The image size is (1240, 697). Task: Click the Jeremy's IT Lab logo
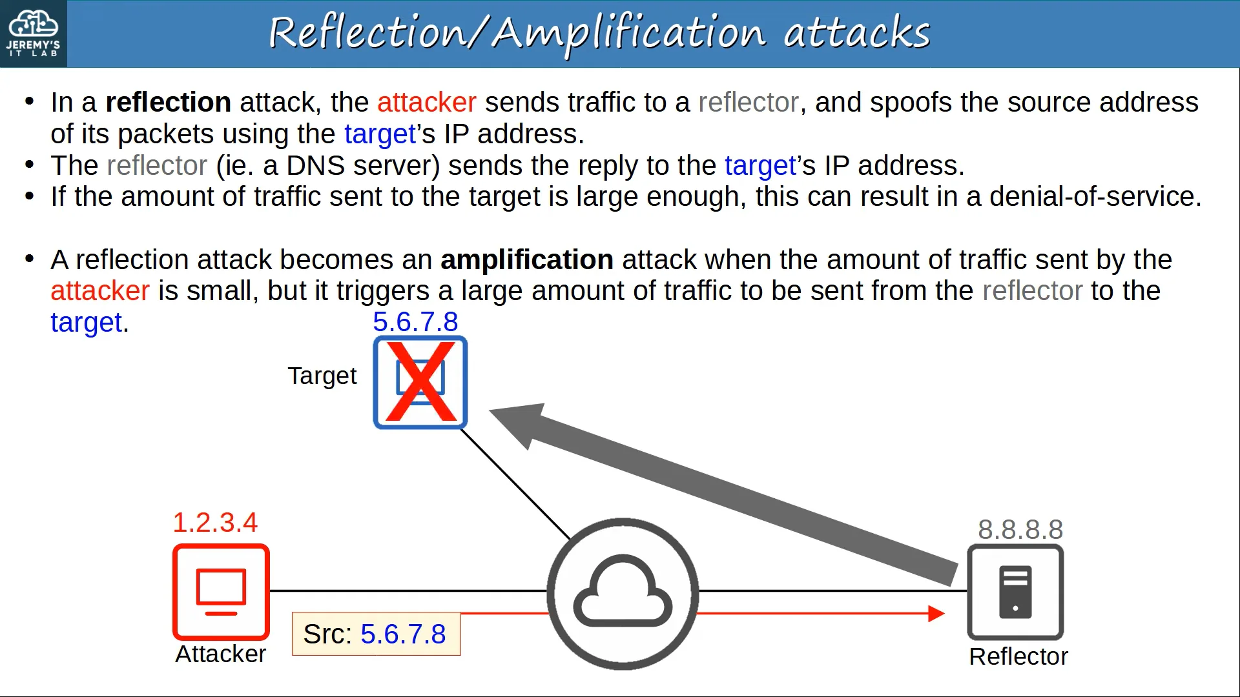tap(33, 34)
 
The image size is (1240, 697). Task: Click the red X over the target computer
tap(420, 381)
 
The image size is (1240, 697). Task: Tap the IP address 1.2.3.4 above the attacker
tap(215, 522)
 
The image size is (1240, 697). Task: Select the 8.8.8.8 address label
tap(1020, 530)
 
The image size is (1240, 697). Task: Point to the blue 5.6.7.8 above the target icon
tap(415, 321)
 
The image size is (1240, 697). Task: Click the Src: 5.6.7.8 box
tap(376, 634)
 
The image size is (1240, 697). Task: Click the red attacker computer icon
tap(221, 592)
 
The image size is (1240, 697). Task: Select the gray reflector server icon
tap(1015, 592)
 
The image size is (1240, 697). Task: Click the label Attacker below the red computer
tap(221, 654)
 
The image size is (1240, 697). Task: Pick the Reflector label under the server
tap(1018, 656)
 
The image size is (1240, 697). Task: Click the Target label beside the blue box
tap(322, 376)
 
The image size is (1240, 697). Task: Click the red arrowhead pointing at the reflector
tap(936, 613)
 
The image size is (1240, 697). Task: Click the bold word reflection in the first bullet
tap(169, 102)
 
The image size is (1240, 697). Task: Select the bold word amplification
tap(527, 259)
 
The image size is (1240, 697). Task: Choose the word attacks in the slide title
tap(857, 32)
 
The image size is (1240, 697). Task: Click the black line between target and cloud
tap(515, 484)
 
